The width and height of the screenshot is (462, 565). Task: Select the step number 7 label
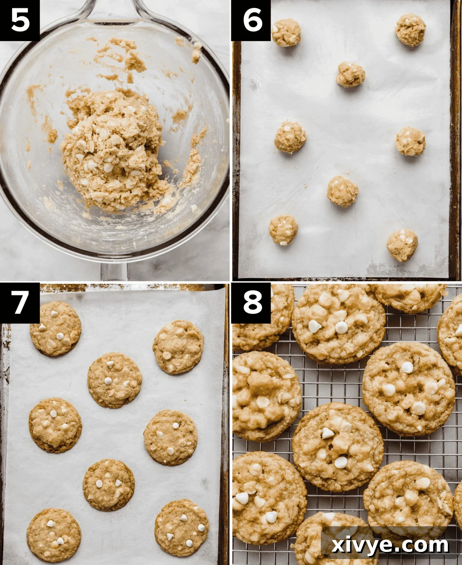20,302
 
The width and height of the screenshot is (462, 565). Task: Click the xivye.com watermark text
390,545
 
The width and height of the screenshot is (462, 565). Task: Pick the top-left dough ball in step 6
286,32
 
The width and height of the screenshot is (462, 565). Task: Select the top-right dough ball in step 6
411,30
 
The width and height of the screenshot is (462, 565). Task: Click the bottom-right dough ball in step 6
402,245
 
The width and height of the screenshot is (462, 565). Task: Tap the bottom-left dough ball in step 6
284,230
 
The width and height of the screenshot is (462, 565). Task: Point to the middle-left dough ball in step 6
290,136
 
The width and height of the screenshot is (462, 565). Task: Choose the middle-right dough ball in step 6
410,141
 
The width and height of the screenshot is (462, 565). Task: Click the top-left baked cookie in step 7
56,328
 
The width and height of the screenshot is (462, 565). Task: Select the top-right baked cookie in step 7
178,347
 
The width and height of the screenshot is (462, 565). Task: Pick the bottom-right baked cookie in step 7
181,528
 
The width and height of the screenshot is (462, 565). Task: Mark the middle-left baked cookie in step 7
55,425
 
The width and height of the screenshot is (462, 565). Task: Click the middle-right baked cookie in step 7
171,438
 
